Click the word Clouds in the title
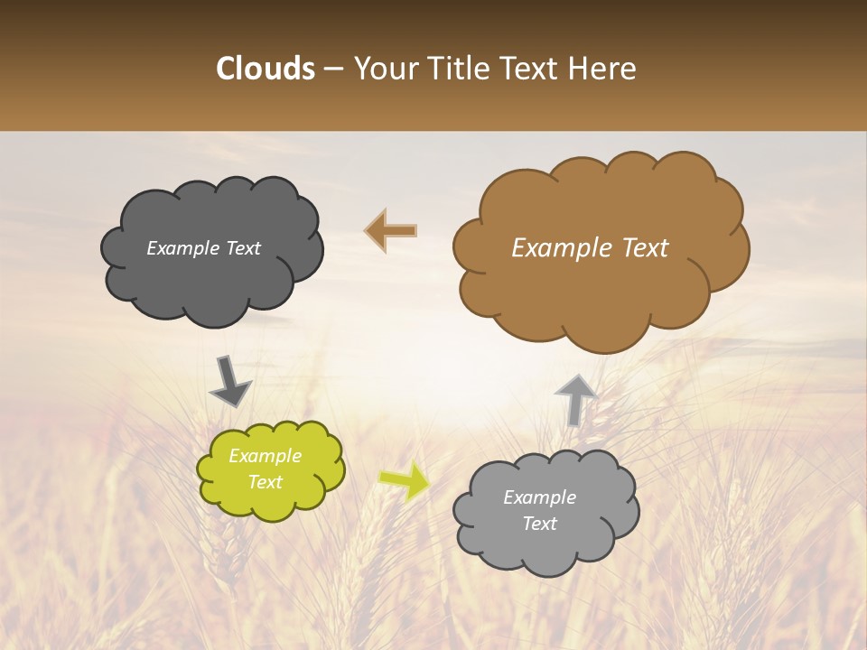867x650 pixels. point(265,69)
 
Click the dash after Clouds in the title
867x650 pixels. point(333,70)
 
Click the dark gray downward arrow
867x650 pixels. point(229,381)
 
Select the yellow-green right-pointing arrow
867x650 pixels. point(405,480)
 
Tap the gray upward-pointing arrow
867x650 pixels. point(575,399)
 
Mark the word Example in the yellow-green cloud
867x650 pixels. point(266,456)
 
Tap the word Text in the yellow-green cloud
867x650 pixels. point(266,482)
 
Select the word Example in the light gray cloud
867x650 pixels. point(539,497)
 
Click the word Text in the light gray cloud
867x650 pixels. point(539,524)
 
